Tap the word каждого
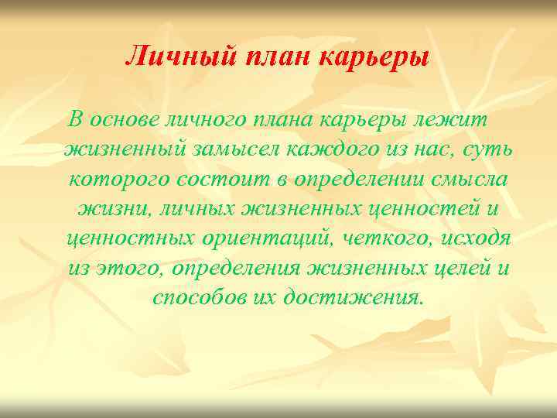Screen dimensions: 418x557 click(330, 150)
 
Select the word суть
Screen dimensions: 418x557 click(485, 150)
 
